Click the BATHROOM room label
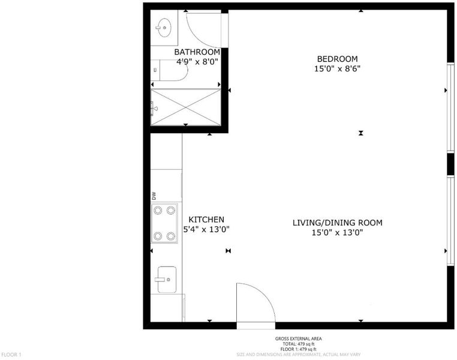(197, 52)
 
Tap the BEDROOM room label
(337, 59)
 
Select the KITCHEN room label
(206, 220)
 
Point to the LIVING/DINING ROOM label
(337, 223)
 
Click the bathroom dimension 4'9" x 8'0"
(197, 62)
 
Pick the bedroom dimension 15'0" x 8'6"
(337, 69)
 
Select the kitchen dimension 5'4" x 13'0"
(206, 229)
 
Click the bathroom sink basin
(164, 28)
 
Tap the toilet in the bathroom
(169, 70)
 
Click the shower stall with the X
(186, 107)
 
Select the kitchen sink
(167, 280)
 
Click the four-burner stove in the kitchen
(164, 223)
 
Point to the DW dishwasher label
(154, 196)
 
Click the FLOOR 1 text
(11, 355)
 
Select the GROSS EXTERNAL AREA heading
(299, 339)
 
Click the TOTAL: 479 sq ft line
(299, 344)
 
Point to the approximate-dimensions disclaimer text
(299, 355)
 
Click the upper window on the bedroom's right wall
(450, 107)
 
